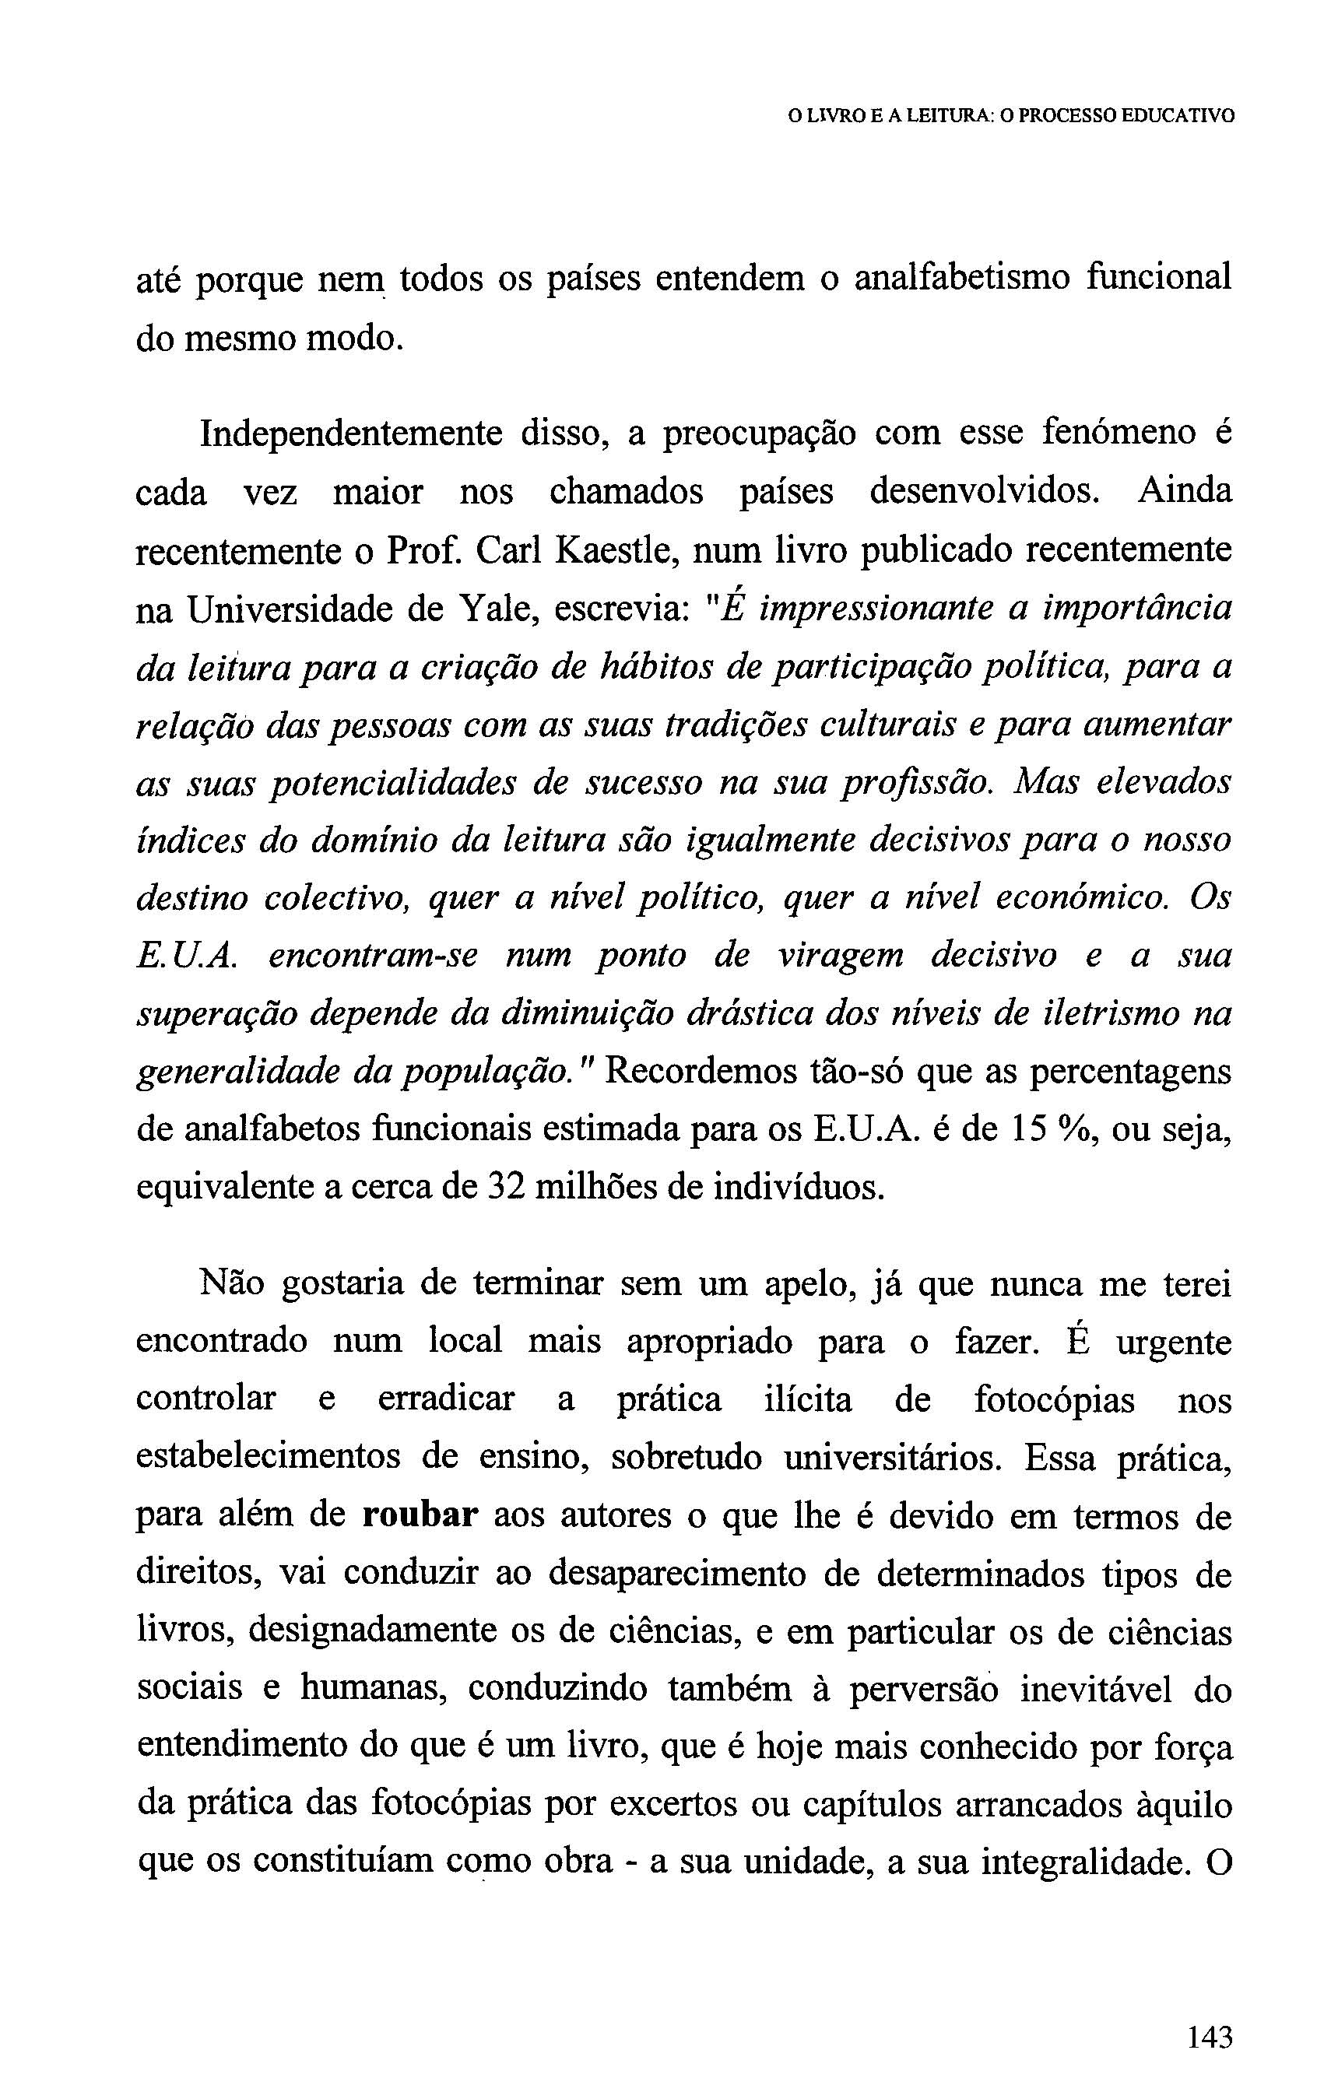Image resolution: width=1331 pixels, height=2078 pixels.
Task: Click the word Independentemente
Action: (x=351, y=433)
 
